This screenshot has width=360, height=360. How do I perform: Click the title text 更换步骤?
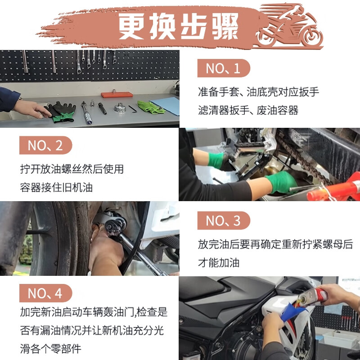pos(178,27)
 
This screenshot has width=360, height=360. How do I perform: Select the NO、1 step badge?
pos(223,68)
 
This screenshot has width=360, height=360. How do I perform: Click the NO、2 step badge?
pos(45,145)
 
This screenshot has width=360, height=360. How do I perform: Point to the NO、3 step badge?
pos(223,221)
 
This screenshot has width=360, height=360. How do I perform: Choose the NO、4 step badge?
pos(45,293)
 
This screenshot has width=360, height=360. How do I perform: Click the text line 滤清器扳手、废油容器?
pos(248,110)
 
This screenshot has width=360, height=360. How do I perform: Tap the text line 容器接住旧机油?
pos(56,187)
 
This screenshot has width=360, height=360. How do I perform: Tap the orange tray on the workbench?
pos(117,95)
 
